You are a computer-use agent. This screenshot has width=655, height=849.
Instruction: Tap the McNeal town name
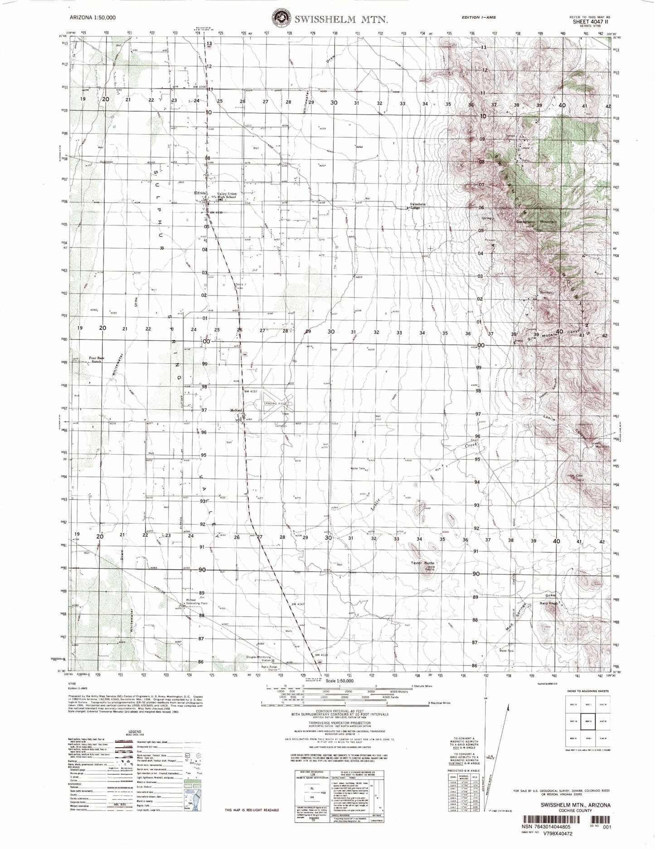coord(237,410)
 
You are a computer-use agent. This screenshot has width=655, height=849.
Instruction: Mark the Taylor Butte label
coord(423,563)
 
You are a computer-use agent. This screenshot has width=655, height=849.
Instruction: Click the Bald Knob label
coord(549,604)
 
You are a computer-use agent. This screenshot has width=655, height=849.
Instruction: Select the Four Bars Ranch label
coord(96,360)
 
